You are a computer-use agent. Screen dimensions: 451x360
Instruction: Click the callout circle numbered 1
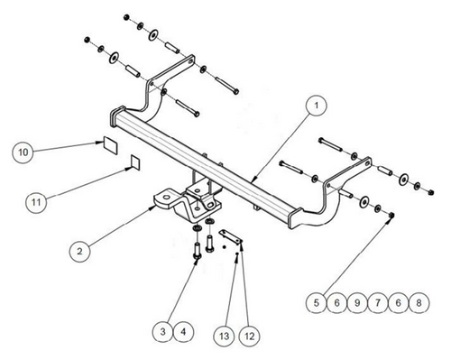coord(316,106)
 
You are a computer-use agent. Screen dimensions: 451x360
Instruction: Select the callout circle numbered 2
coord(79,251)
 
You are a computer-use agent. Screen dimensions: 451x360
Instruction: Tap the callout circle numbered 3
coord(162,332)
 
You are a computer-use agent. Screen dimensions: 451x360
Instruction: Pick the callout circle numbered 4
coord(183,332)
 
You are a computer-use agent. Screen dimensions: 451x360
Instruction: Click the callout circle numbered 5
coord(317,302)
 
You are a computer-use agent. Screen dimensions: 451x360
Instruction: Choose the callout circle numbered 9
coord(357,302)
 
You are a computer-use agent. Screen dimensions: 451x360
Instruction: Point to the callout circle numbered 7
coord(378,302)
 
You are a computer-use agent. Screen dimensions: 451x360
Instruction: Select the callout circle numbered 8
coord(419,302)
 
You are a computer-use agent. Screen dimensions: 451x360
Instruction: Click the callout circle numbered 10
coord(23,152)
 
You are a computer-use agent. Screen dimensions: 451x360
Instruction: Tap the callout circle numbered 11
coord(36,202)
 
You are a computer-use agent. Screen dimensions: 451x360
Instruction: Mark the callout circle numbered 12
coord(250,336)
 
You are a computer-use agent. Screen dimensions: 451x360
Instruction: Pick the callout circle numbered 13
coord(224,336)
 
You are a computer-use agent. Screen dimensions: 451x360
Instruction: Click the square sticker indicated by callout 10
coord(110,145)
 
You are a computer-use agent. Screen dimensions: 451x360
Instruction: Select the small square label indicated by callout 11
coord(135,162)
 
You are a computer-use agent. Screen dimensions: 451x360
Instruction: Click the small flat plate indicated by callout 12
coord(231,237)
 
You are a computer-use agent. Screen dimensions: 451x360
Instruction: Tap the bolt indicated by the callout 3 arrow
coord(198,251)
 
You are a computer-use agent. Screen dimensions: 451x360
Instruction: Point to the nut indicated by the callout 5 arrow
coord(391,215)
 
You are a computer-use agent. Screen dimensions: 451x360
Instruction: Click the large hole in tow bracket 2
coord(166,198)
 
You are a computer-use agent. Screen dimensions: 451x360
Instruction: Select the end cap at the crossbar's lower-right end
coord(294,218)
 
